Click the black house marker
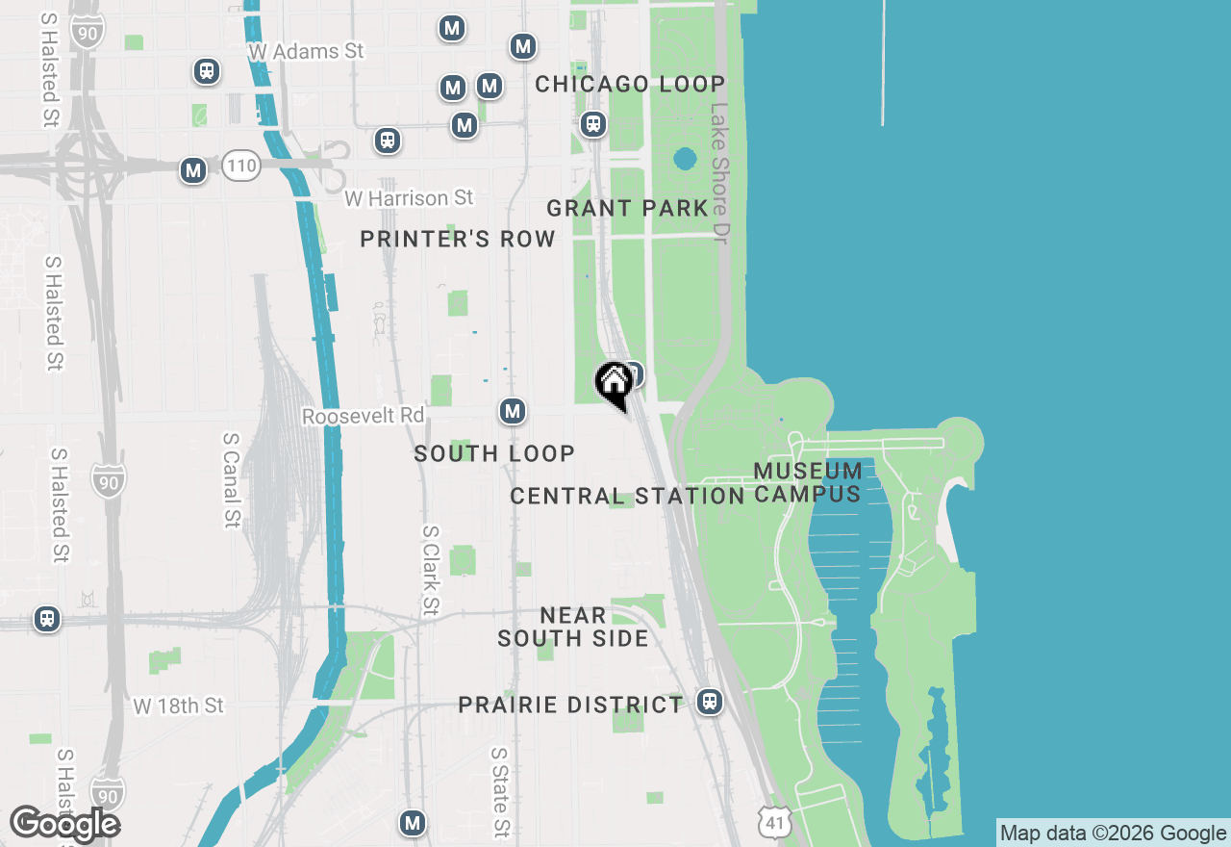[614, 383]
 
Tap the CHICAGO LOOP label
[630, 85]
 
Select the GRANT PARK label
[627, 208]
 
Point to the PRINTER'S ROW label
[458, 239]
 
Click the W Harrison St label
[409, 198]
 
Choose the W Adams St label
[306, 51]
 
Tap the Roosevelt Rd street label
[363, 416]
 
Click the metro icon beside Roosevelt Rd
[513, 412]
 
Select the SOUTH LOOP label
[494, 453]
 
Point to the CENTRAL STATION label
[627, 497]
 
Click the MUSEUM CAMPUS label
[808, 482]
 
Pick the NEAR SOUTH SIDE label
[572, 627]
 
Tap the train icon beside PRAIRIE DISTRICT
[710, 702]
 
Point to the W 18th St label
[178, 706]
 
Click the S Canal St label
[232, 479]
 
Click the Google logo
[64, 824]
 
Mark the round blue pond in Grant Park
[685, 158]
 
